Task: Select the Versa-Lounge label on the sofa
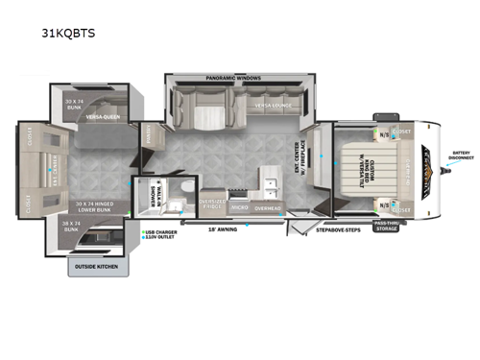point(274,106)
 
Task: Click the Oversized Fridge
point(212,204)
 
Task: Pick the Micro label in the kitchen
point(240,207)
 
